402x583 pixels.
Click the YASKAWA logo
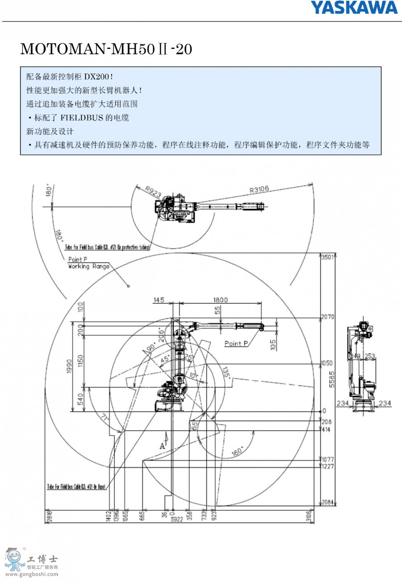pyautogui.click(x=354, y=7)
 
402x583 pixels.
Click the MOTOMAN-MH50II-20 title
pyautogui.click(x=106, y=49)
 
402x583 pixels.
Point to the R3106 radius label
pyautogui.click(x=259, y=190)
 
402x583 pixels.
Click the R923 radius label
pyautogui.click(x=153, y=192)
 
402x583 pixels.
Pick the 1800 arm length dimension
pyautogui.click(x=220, y=300)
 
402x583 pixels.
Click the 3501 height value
pyautogui.click(x=328, y=257)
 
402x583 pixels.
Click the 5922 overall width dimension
pyautogui.click(x=178, y=519)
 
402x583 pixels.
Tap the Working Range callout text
pyautogui.click(x=88, y=267)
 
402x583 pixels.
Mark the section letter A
pyautogui.click(x=162, y=445)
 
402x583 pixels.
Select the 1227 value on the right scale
pyautogui.click(x=328, y=466)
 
